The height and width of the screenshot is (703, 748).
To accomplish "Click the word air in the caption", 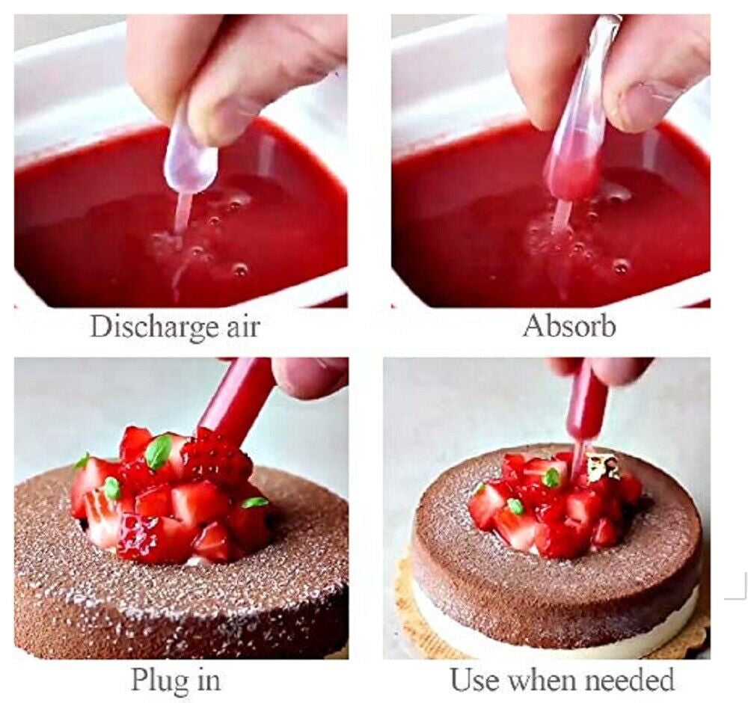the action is (x=243, y=328).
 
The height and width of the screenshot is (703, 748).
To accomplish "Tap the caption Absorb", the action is (x=569, y=326).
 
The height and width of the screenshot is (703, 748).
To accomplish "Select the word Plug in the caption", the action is (x=156, y=680).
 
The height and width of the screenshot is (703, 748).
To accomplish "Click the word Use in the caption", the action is (x=473, y=680).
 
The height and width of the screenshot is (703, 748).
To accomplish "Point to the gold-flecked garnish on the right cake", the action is (x=602, y=467).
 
